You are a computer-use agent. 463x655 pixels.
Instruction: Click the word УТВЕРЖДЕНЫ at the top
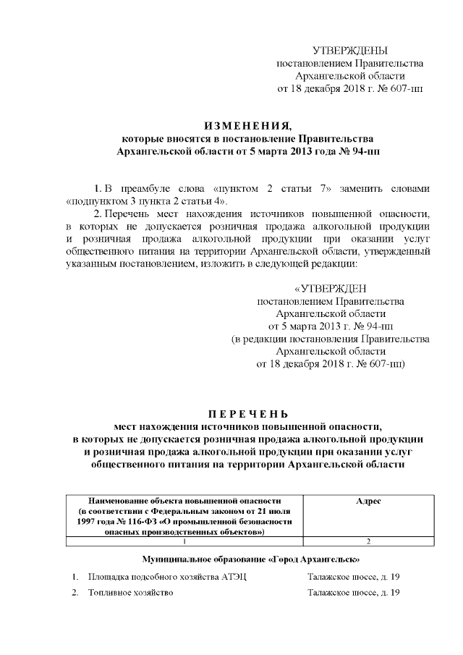point(350,50)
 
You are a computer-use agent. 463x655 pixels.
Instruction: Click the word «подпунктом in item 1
point(95,200)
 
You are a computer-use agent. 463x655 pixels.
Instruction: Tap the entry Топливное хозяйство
point(131,593)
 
